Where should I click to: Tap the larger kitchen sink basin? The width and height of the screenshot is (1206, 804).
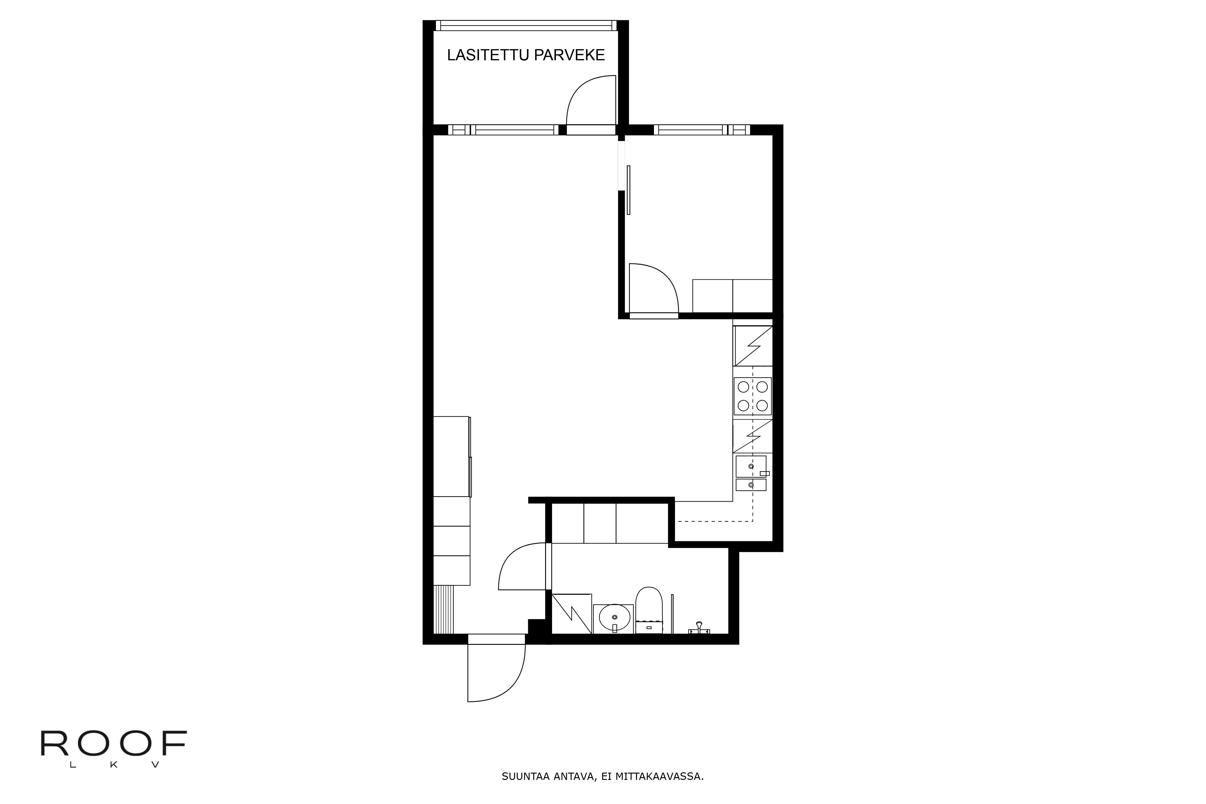pos(751,466)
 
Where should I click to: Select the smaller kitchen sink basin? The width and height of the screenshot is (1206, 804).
pos(751,484)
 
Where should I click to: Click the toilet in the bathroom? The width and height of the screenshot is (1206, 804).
pos(649,610)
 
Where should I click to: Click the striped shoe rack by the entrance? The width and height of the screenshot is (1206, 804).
pos(444,609)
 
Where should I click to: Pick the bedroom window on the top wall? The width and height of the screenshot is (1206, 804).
pos(702,130)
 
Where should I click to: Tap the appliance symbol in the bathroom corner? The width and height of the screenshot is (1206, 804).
pos(572,614)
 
